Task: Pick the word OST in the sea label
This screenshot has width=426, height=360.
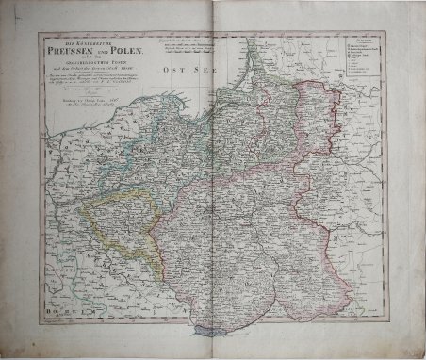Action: pos(170,69)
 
